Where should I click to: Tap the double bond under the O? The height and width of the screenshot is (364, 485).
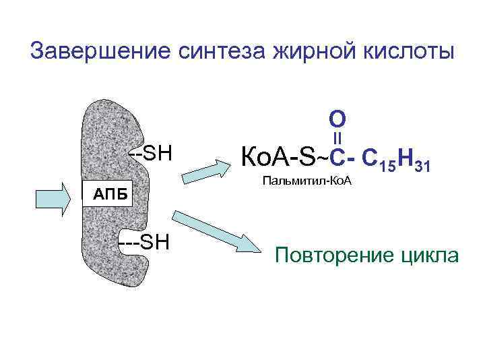point(337,139)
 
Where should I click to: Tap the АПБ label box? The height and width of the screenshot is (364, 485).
point(108,195)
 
